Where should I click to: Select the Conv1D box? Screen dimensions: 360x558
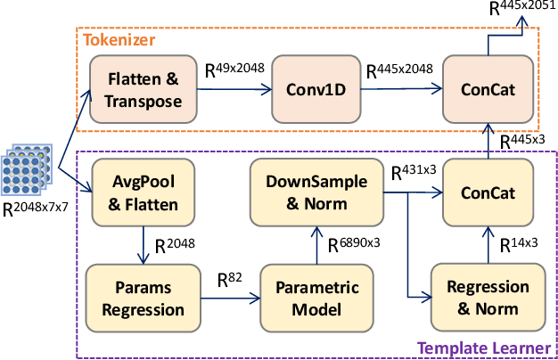point(316,89)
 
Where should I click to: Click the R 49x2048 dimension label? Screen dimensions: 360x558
point(234,69)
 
